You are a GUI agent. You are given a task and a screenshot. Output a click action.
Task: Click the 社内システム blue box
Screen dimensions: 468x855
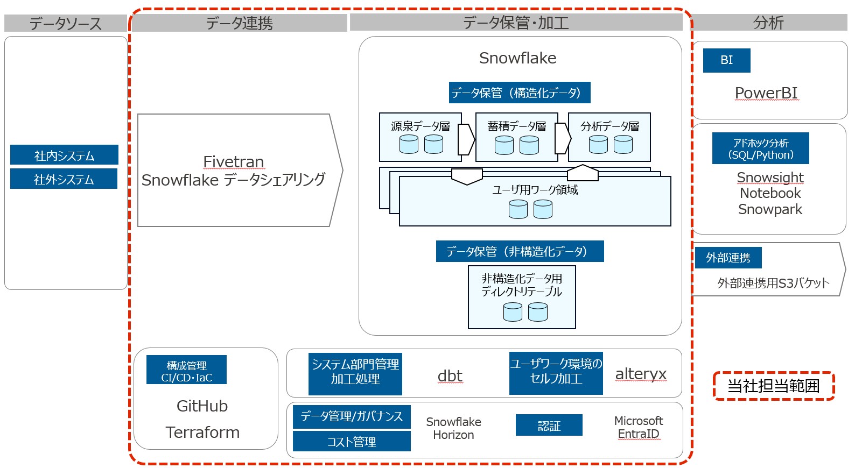point(64,155)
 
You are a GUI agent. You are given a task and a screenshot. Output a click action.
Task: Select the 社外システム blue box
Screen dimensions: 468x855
point(64,179)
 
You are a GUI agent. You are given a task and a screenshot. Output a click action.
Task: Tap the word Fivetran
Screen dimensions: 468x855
point(233,161)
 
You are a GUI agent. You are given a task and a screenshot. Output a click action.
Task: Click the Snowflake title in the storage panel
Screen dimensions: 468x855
point(517,58)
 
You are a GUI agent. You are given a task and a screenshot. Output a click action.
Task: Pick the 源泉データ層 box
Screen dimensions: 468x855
point(420,137)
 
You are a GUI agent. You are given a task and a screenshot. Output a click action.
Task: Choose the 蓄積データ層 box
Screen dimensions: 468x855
point(516,137)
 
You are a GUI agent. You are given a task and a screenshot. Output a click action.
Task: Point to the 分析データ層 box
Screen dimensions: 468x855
point(609,137)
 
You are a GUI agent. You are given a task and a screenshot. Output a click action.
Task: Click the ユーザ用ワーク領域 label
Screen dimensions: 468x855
point(535,190)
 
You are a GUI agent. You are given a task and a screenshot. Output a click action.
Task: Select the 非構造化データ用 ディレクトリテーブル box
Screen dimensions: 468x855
point(522,297)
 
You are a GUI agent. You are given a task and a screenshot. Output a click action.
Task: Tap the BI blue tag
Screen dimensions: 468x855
point(726,60)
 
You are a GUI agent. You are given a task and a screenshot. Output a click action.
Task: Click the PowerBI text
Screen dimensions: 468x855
point(766,93)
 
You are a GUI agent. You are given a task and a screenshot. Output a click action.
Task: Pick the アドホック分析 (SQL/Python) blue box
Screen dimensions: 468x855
point(760,148)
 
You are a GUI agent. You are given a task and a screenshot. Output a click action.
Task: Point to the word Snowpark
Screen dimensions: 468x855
point(770,209)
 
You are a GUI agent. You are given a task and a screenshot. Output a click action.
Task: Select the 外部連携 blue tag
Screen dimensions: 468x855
point(728,258)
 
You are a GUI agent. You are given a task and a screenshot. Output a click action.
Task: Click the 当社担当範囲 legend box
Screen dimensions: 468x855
point(773,386)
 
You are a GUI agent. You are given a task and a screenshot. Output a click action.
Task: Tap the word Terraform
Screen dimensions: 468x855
point(202,432)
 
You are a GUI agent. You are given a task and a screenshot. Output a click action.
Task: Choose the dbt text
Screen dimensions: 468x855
point(450,375)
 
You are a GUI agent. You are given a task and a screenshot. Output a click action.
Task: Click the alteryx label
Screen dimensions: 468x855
point(641,373)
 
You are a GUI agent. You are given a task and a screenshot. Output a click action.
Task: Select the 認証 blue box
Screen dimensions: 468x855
point(549,426)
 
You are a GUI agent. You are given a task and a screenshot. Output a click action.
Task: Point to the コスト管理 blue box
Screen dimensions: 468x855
point(352,442)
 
